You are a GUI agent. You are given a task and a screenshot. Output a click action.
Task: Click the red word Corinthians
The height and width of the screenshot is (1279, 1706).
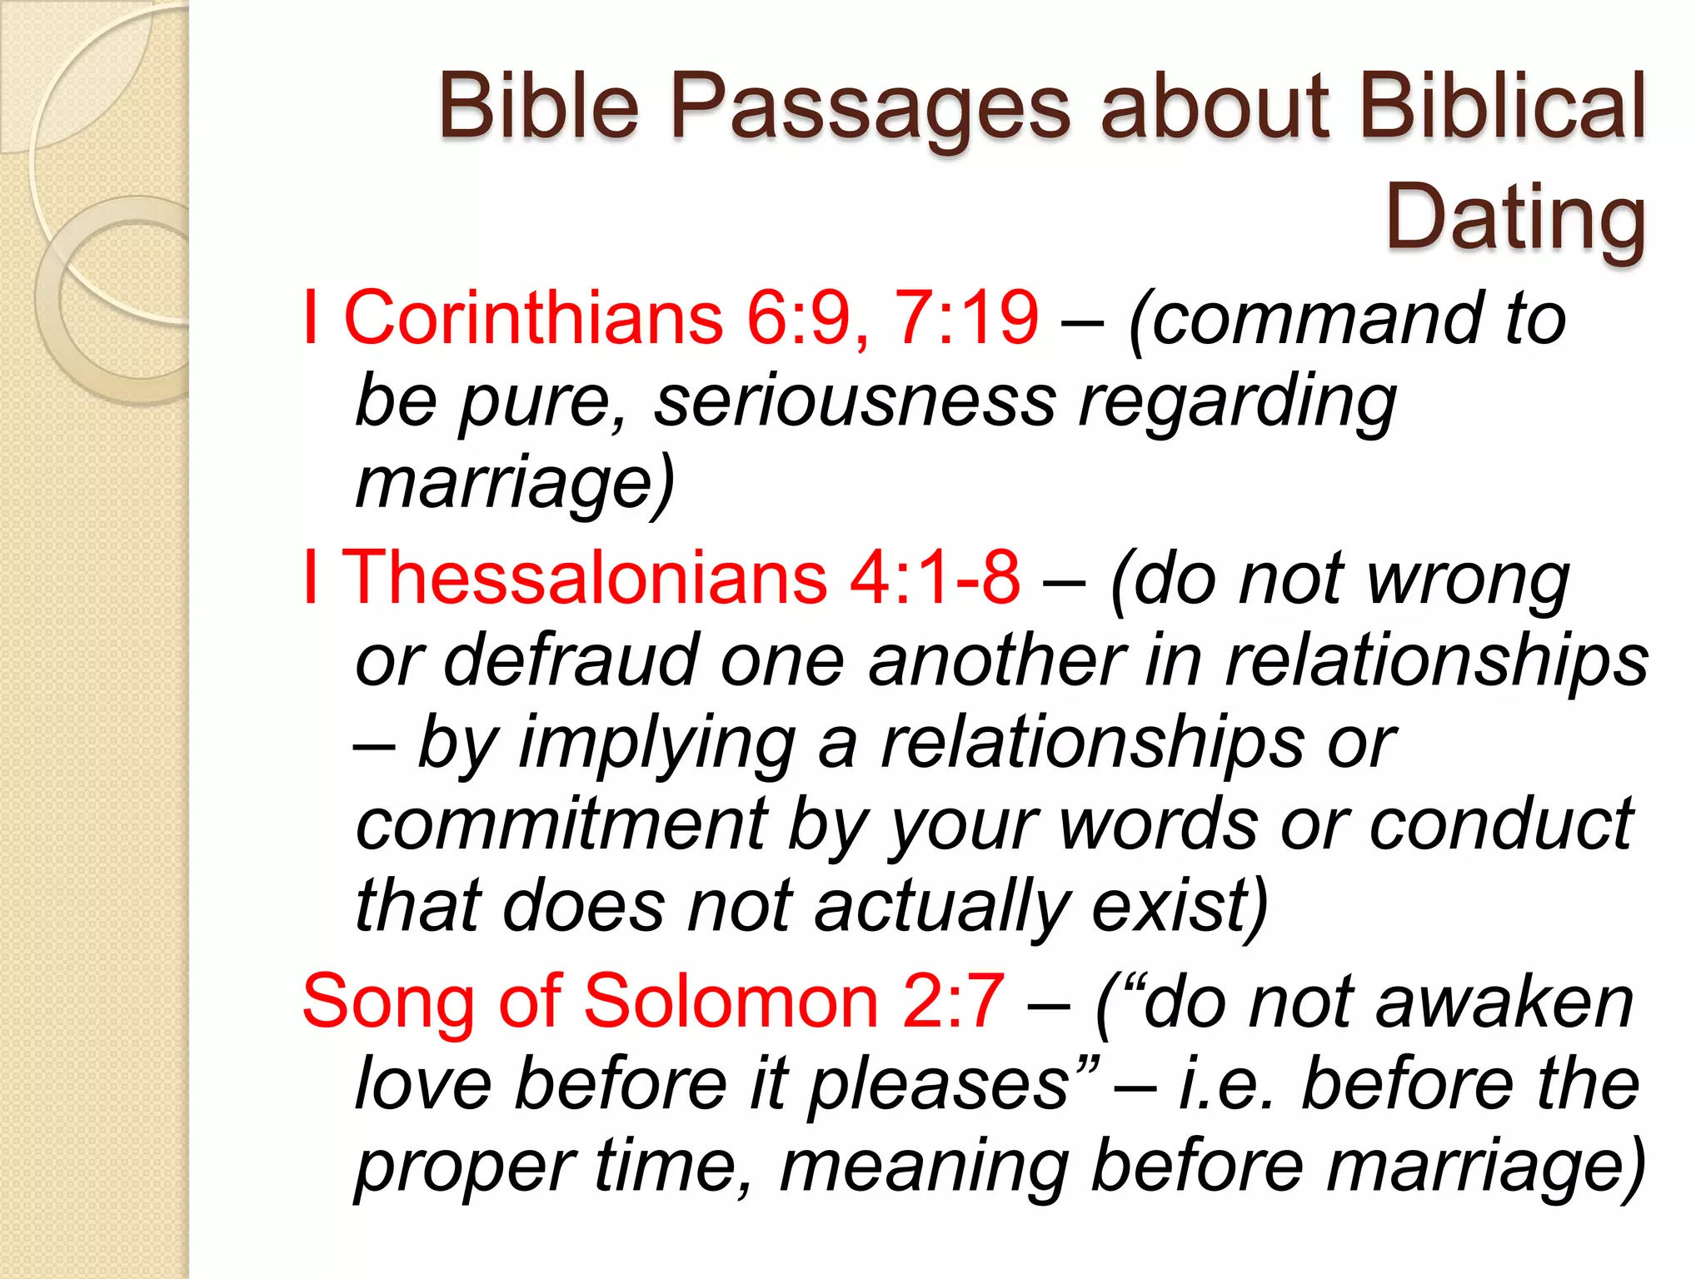[x=533, y=318]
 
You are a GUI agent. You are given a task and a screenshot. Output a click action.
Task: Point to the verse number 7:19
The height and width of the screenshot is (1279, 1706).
[x=965, y=318]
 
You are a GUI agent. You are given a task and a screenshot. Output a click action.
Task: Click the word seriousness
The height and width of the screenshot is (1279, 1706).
[x=855, y=401]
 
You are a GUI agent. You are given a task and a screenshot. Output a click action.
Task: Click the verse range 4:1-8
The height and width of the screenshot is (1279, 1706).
[x=934, y=578]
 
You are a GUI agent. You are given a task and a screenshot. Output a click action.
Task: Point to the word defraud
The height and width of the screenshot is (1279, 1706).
[x=571, y=660]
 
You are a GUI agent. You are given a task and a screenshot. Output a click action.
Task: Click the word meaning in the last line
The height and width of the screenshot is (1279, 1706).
[x=924, y=1167]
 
